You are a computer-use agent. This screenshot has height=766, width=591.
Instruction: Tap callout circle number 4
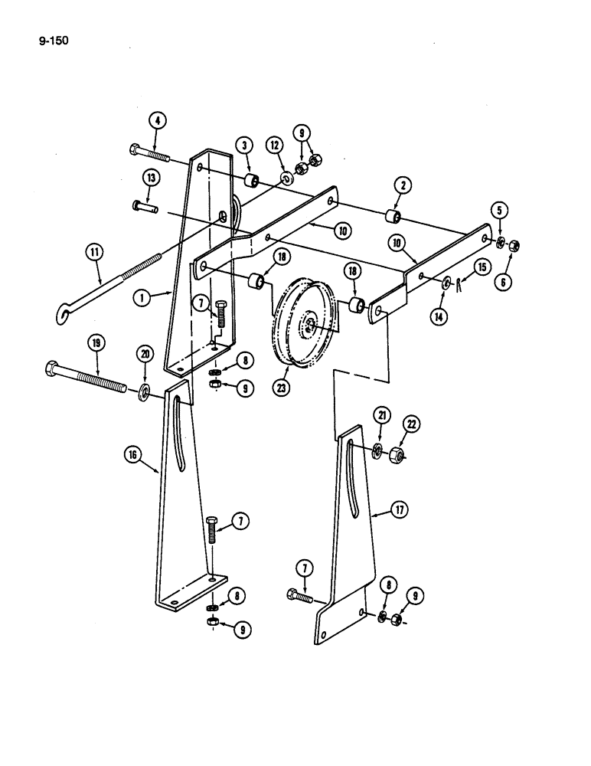(x=156, y=120)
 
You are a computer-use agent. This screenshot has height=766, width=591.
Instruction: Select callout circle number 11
(x=96, y=252)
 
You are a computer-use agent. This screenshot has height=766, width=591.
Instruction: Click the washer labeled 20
(x=144, y=394)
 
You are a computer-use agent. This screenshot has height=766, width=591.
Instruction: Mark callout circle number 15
(x=482, y=267)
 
